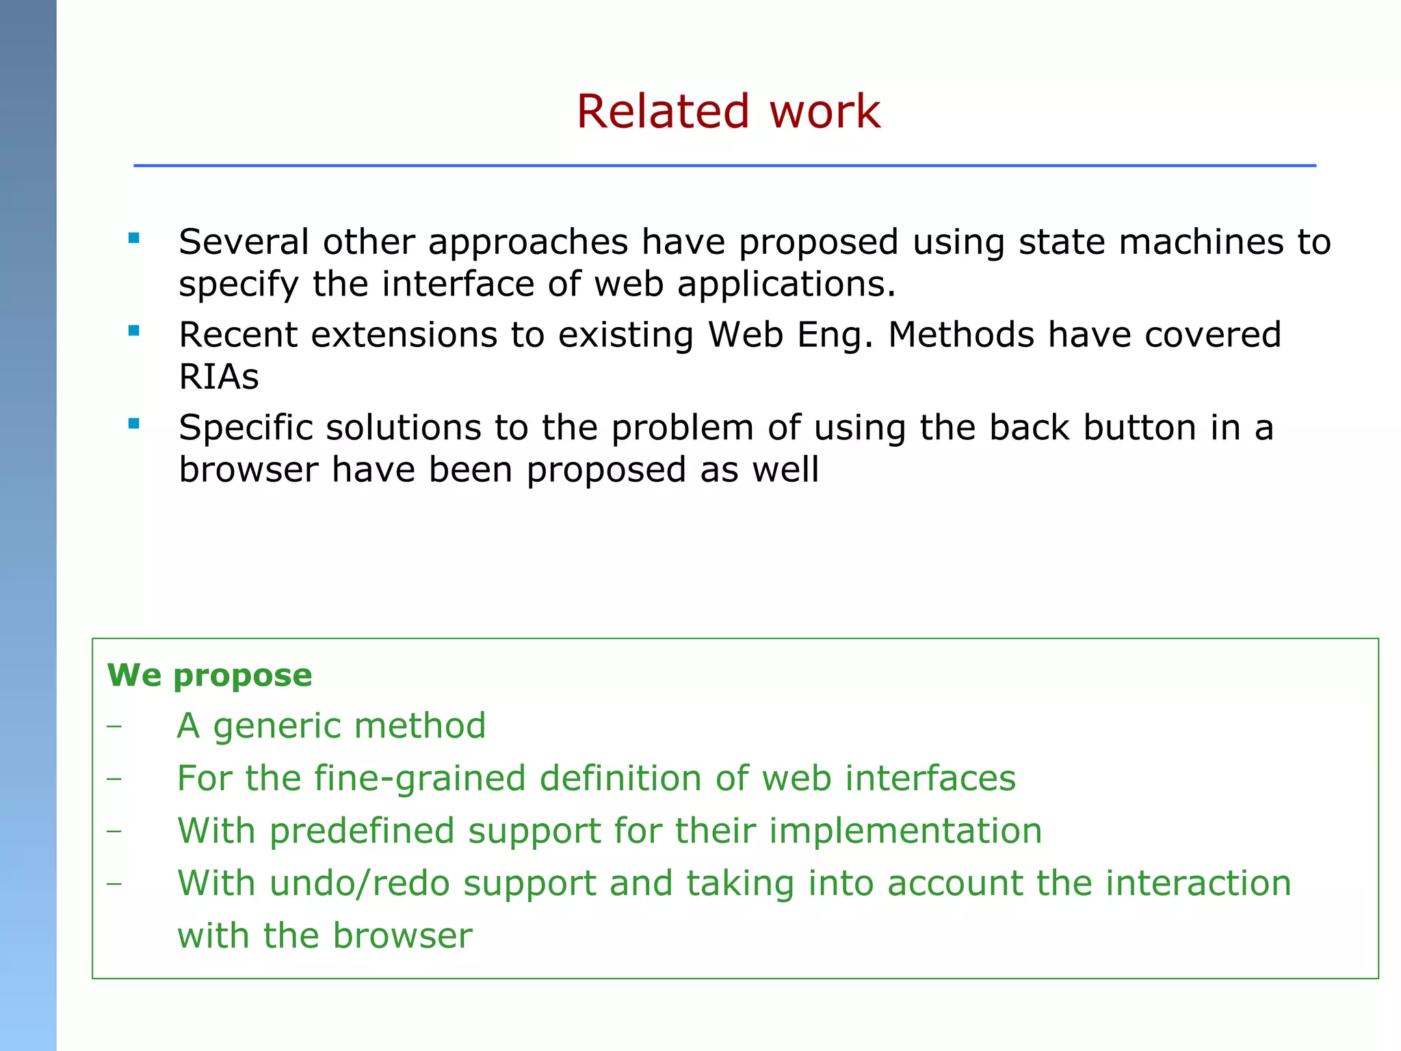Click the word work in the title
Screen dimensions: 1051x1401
pos(824,112)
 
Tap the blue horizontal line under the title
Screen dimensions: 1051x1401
pos(724,166)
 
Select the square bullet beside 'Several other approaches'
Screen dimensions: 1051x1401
pos(134,238)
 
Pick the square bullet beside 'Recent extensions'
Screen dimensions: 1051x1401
pos(134,331)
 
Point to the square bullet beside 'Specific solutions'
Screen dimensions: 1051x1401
pos(134,424)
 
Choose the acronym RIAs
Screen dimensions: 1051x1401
pos(219,377)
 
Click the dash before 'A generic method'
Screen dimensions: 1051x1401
pos(114,726)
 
